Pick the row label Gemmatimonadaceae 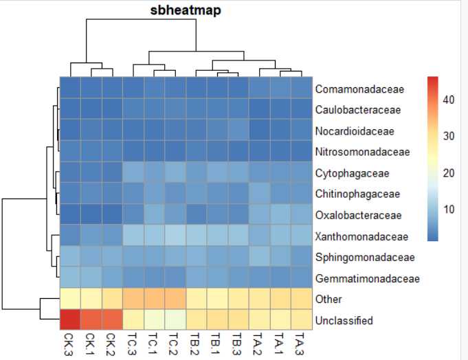coord(366,278)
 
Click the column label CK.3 coord(70,343)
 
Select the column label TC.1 coord(154,343)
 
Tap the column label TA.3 coord(302,343)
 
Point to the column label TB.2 coord(197,343)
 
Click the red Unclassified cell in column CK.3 coord(70,320)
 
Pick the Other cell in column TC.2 coord(175,299)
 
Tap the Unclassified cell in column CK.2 coord(112,320)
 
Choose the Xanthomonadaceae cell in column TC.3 coord(133,236)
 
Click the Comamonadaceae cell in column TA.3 coord(302,89)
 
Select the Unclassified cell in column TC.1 coord(154,320)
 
